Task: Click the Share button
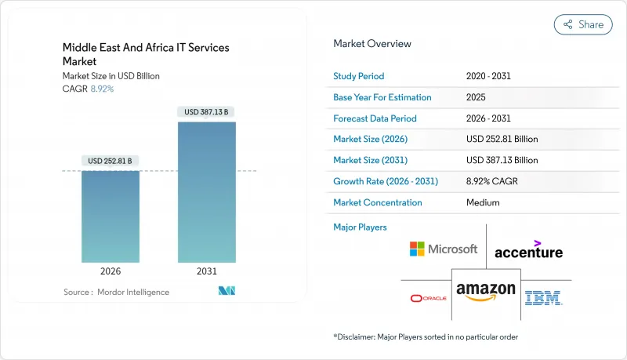point(583,24)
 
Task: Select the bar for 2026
point(111,216)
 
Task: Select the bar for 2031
point(207,192)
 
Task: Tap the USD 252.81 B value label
point(111,162)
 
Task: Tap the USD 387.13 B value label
point(207,112)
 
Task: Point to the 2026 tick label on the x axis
point(111,272)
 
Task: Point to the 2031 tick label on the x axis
point(207,272)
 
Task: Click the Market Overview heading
point(372,44)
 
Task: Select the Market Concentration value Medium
point(483,202)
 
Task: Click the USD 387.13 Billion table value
point(502,161)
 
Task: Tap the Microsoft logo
point(443,249)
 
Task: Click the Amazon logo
point(486,293)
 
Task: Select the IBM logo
point(544,298)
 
